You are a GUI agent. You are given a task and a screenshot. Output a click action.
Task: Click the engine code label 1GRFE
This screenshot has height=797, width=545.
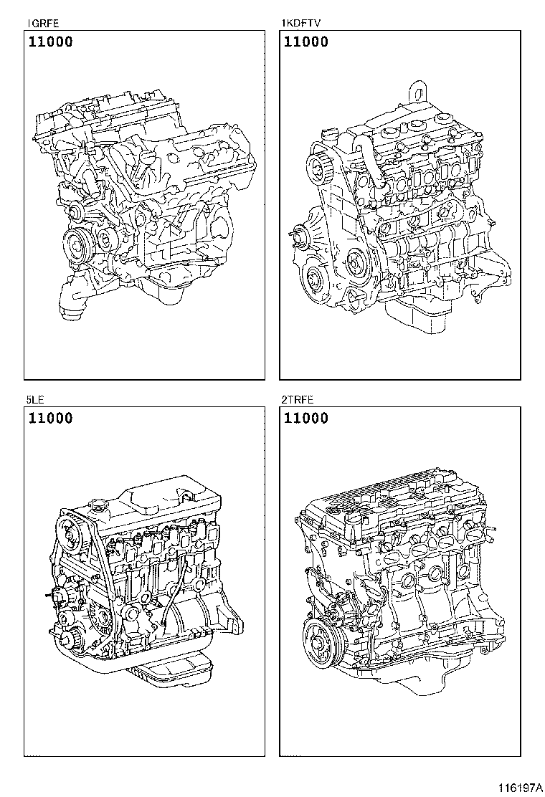[38, 24]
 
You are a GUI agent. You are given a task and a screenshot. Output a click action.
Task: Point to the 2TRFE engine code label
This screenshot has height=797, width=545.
[298, 399]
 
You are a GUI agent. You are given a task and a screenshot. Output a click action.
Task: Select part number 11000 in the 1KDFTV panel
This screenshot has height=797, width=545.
[306, 42]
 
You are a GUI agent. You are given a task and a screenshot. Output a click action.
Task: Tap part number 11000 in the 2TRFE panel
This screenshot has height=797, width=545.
[306, 419]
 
